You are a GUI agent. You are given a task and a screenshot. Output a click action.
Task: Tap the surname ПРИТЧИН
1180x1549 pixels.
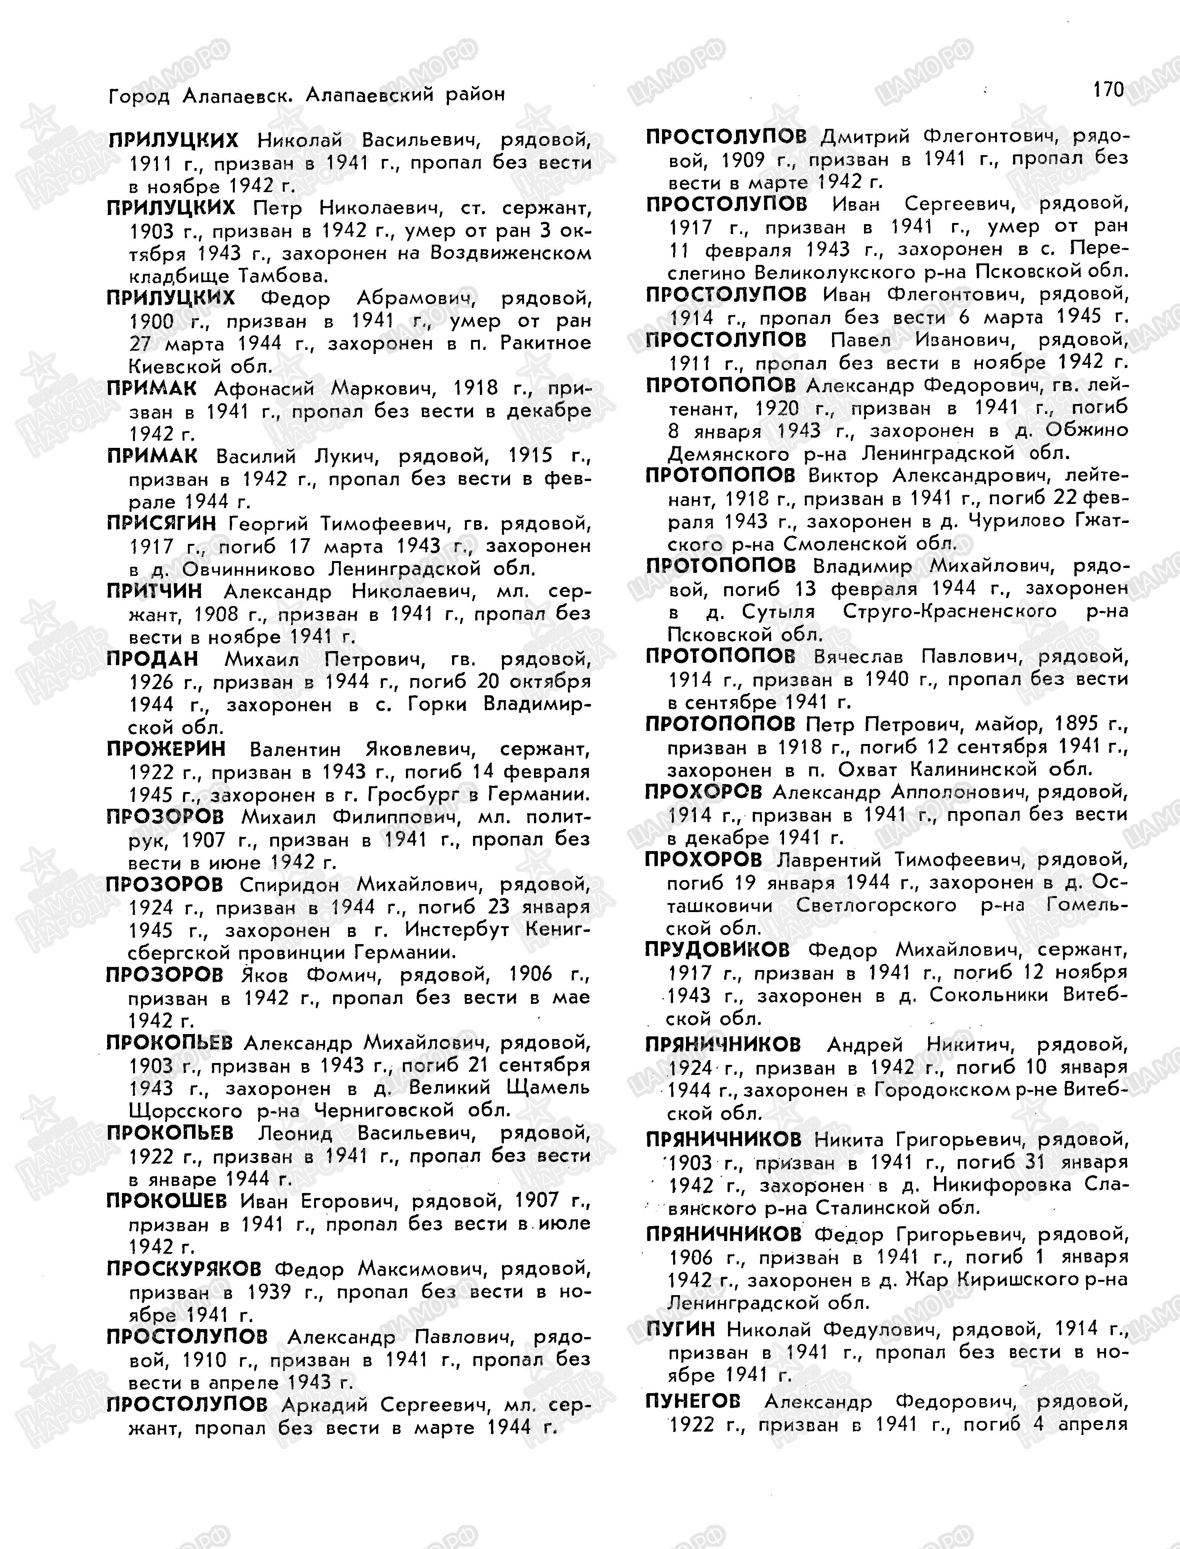[x=154, y=592]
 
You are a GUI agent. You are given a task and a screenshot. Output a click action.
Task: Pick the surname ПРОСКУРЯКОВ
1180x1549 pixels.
[x=183, y=1269]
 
